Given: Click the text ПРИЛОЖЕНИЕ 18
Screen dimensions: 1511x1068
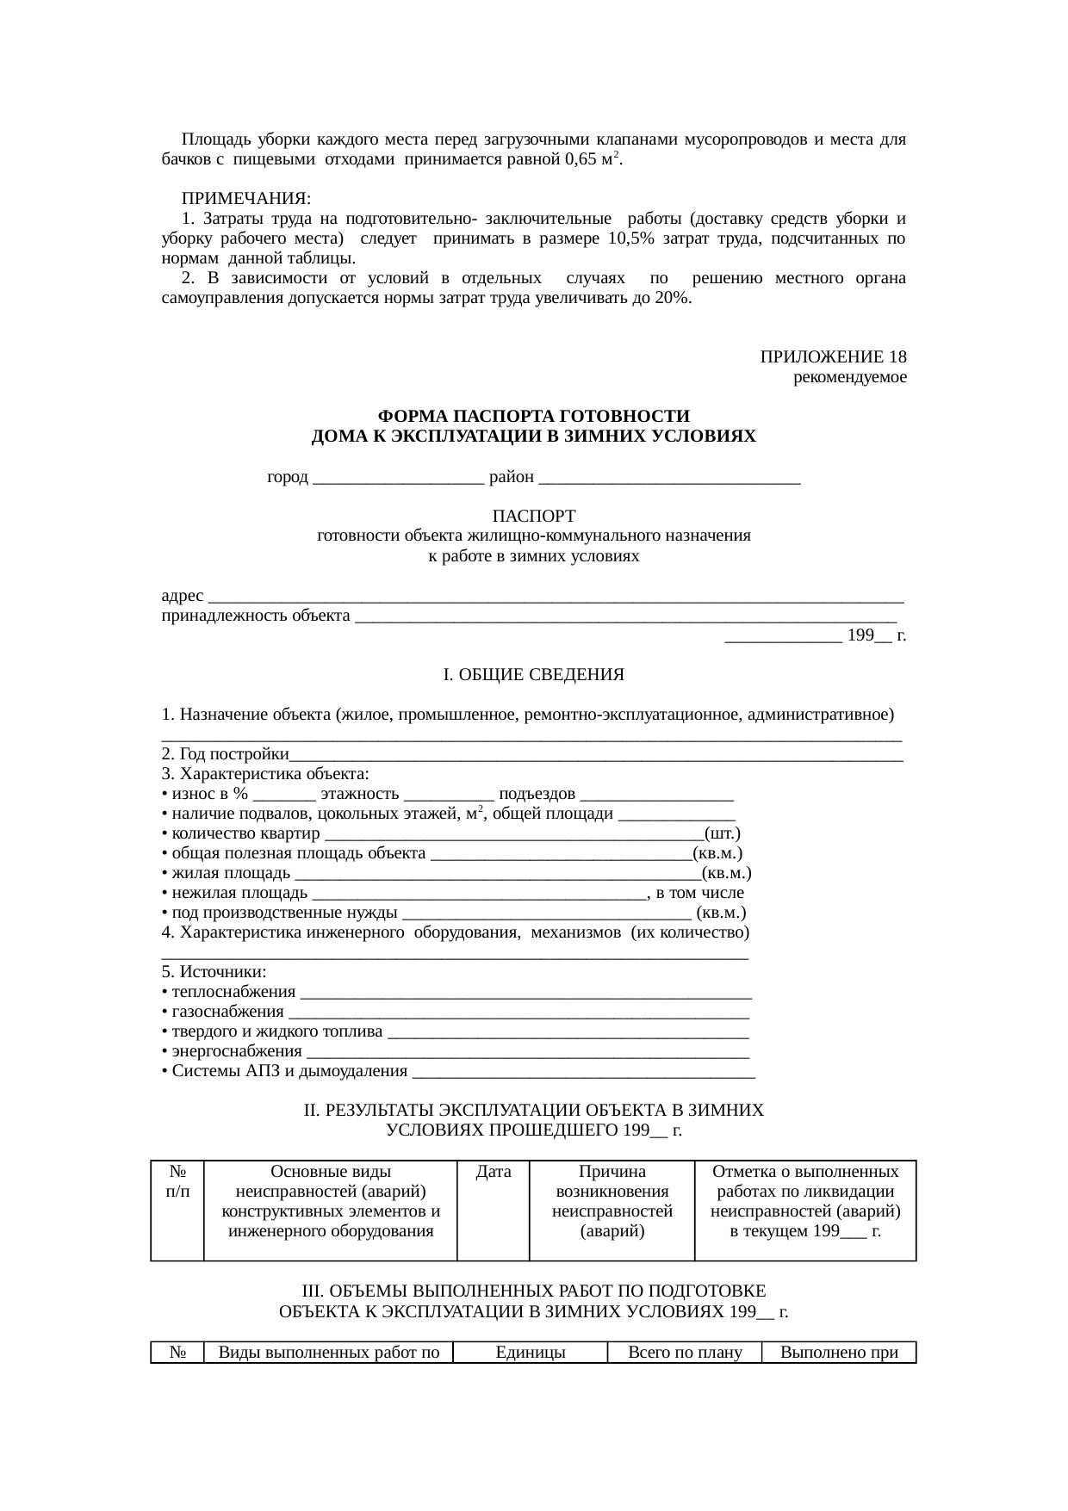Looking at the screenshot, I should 832,357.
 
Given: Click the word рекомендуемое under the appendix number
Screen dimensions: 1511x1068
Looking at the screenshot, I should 849,377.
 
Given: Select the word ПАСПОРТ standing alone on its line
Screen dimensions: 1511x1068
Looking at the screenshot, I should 533,516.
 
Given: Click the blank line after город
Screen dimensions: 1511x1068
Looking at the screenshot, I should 399,479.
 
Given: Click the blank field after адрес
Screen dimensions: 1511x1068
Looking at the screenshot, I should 556,597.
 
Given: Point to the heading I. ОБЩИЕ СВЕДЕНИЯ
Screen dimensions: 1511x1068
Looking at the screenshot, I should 533,675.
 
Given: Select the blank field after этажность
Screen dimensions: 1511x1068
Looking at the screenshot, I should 449,796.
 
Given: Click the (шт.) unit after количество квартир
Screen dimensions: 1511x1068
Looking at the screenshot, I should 722,834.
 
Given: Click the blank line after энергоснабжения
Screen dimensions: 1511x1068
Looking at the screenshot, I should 528,1052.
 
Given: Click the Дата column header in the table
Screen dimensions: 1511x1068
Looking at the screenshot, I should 494,1173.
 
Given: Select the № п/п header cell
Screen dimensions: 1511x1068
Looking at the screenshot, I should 178,1182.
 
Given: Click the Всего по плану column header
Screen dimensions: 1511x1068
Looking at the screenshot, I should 685,1353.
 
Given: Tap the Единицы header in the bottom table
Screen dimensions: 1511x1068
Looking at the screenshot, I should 531,1353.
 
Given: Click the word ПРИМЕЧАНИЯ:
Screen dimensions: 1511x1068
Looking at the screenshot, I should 246,199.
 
